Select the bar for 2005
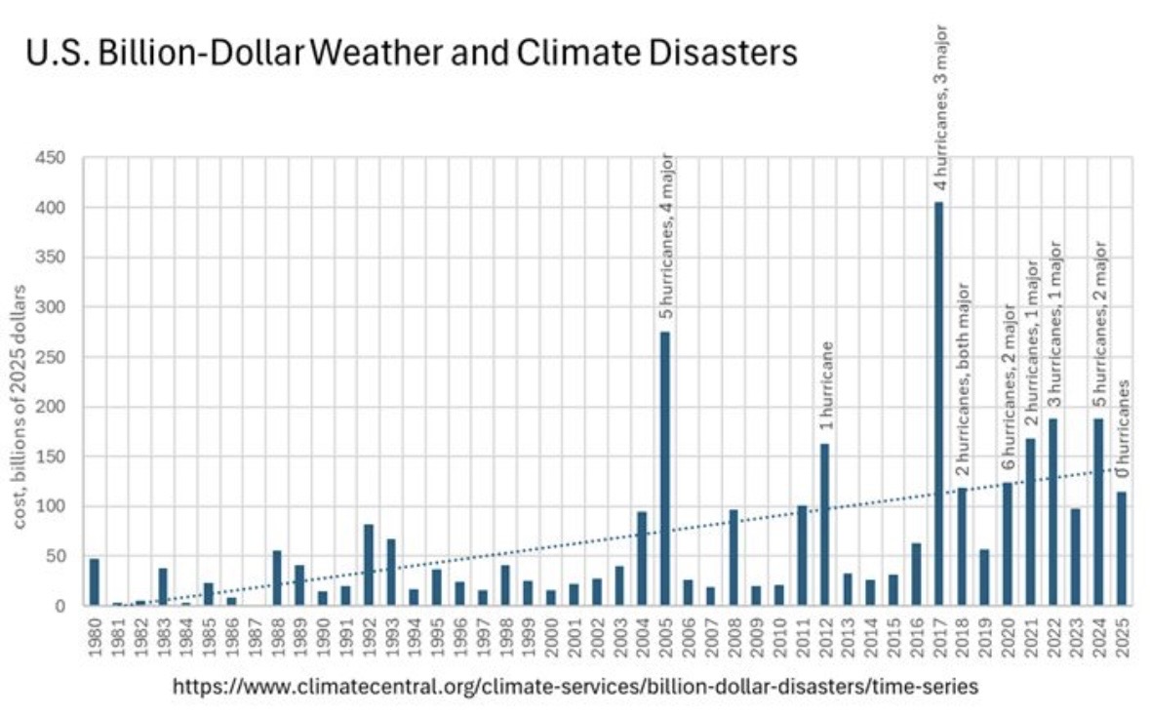665,468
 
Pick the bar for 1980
95,581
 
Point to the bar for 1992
369,565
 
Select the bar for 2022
1052,511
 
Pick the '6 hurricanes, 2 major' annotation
1009,390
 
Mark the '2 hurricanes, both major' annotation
963,380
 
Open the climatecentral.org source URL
575,687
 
